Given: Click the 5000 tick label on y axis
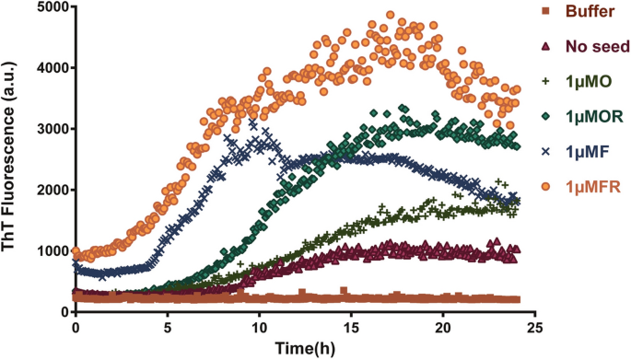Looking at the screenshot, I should [49, 7].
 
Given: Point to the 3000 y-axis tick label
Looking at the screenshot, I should [49, 129].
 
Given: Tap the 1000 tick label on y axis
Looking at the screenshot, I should [49, 251].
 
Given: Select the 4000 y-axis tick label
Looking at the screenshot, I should [49, 68].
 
